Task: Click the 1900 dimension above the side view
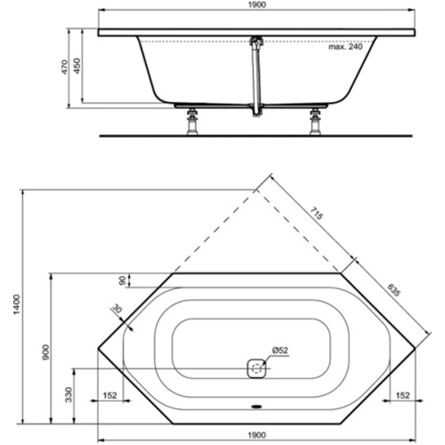click(255, 7)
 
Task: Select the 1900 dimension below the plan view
click(255, 435)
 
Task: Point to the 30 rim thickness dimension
click(117, 310)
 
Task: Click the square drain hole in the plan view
click(256, 368)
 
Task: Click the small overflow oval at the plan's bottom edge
click(256, 409)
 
